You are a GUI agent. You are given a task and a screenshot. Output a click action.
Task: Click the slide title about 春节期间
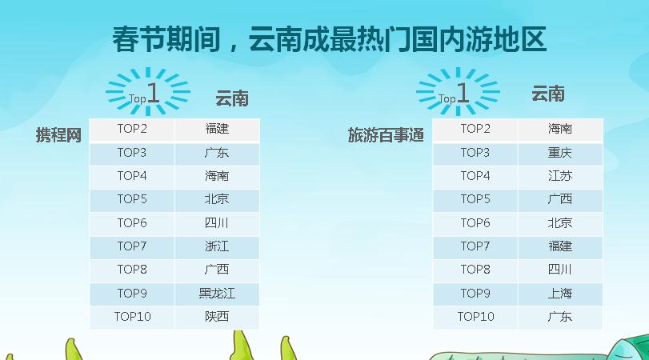pyautogui.click(x=330, y=39)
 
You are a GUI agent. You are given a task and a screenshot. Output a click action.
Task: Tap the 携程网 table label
pyautogui.click(x=58, y=135)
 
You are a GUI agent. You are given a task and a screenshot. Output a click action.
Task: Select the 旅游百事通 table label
pyautogui.click(x=386, y=135)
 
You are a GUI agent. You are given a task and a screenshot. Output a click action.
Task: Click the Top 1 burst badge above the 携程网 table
pyautogui.click(x=148, y=91)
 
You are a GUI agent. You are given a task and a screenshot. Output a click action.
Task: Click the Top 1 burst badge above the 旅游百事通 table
pyautogui.click(x=458, y=91)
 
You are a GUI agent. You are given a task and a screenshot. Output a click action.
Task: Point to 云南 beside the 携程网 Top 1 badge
pyautogui.click(x=232, y=99)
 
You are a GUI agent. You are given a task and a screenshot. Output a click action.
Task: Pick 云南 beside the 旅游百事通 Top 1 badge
pyautogui.click(x=548, y=94)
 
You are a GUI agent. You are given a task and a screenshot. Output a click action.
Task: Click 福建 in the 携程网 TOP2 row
pyautogui.click(x=217, y=129)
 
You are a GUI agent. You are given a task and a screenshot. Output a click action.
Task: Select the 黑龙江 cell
pyautogui.click(x=217, y=294)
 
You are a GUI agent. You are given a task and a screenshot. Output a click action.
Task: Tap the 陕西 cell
pyautogui.click(x=217, y=317)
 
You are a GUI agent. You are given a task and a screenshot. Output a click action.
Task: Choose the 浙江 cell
pyautogui.click(x=217, y=246)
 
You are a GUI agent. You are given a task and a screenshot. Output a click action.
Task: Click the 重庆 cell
pyautogui.click(x=559, y=153)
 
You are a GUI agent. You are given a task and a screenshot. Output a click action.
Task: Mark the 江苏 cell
pyautogui.click(x=559, y=176)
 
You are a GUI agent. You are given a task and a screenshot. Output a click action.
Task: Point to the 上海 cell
pyautogui.click(x=559, y=294)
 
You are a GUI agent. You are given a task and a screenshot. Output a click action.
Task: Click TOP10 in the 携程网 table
pyautogui.click(x=133, y=317)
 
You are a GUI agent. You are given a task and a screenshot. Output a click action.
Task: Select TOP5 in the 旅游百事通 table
pyautogui.click(x=475, y=199)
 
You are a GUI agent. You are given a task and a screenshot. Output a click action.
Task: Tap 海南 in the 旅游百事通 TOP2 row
pyautogui.click(x=559, y=129)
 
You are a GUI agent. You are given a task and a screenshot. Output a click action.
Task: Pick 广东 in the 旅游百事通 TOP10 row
pyautogui.click(x=559, y=317)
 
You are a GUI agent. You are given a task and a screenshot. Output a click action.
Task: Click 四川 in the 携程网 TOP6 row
pyautogui.click(x=217, y=223)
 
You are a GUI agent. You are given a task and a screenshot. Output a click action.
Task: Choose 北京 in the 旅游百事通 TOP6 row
pyautogui.click(x=559, y=223)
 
